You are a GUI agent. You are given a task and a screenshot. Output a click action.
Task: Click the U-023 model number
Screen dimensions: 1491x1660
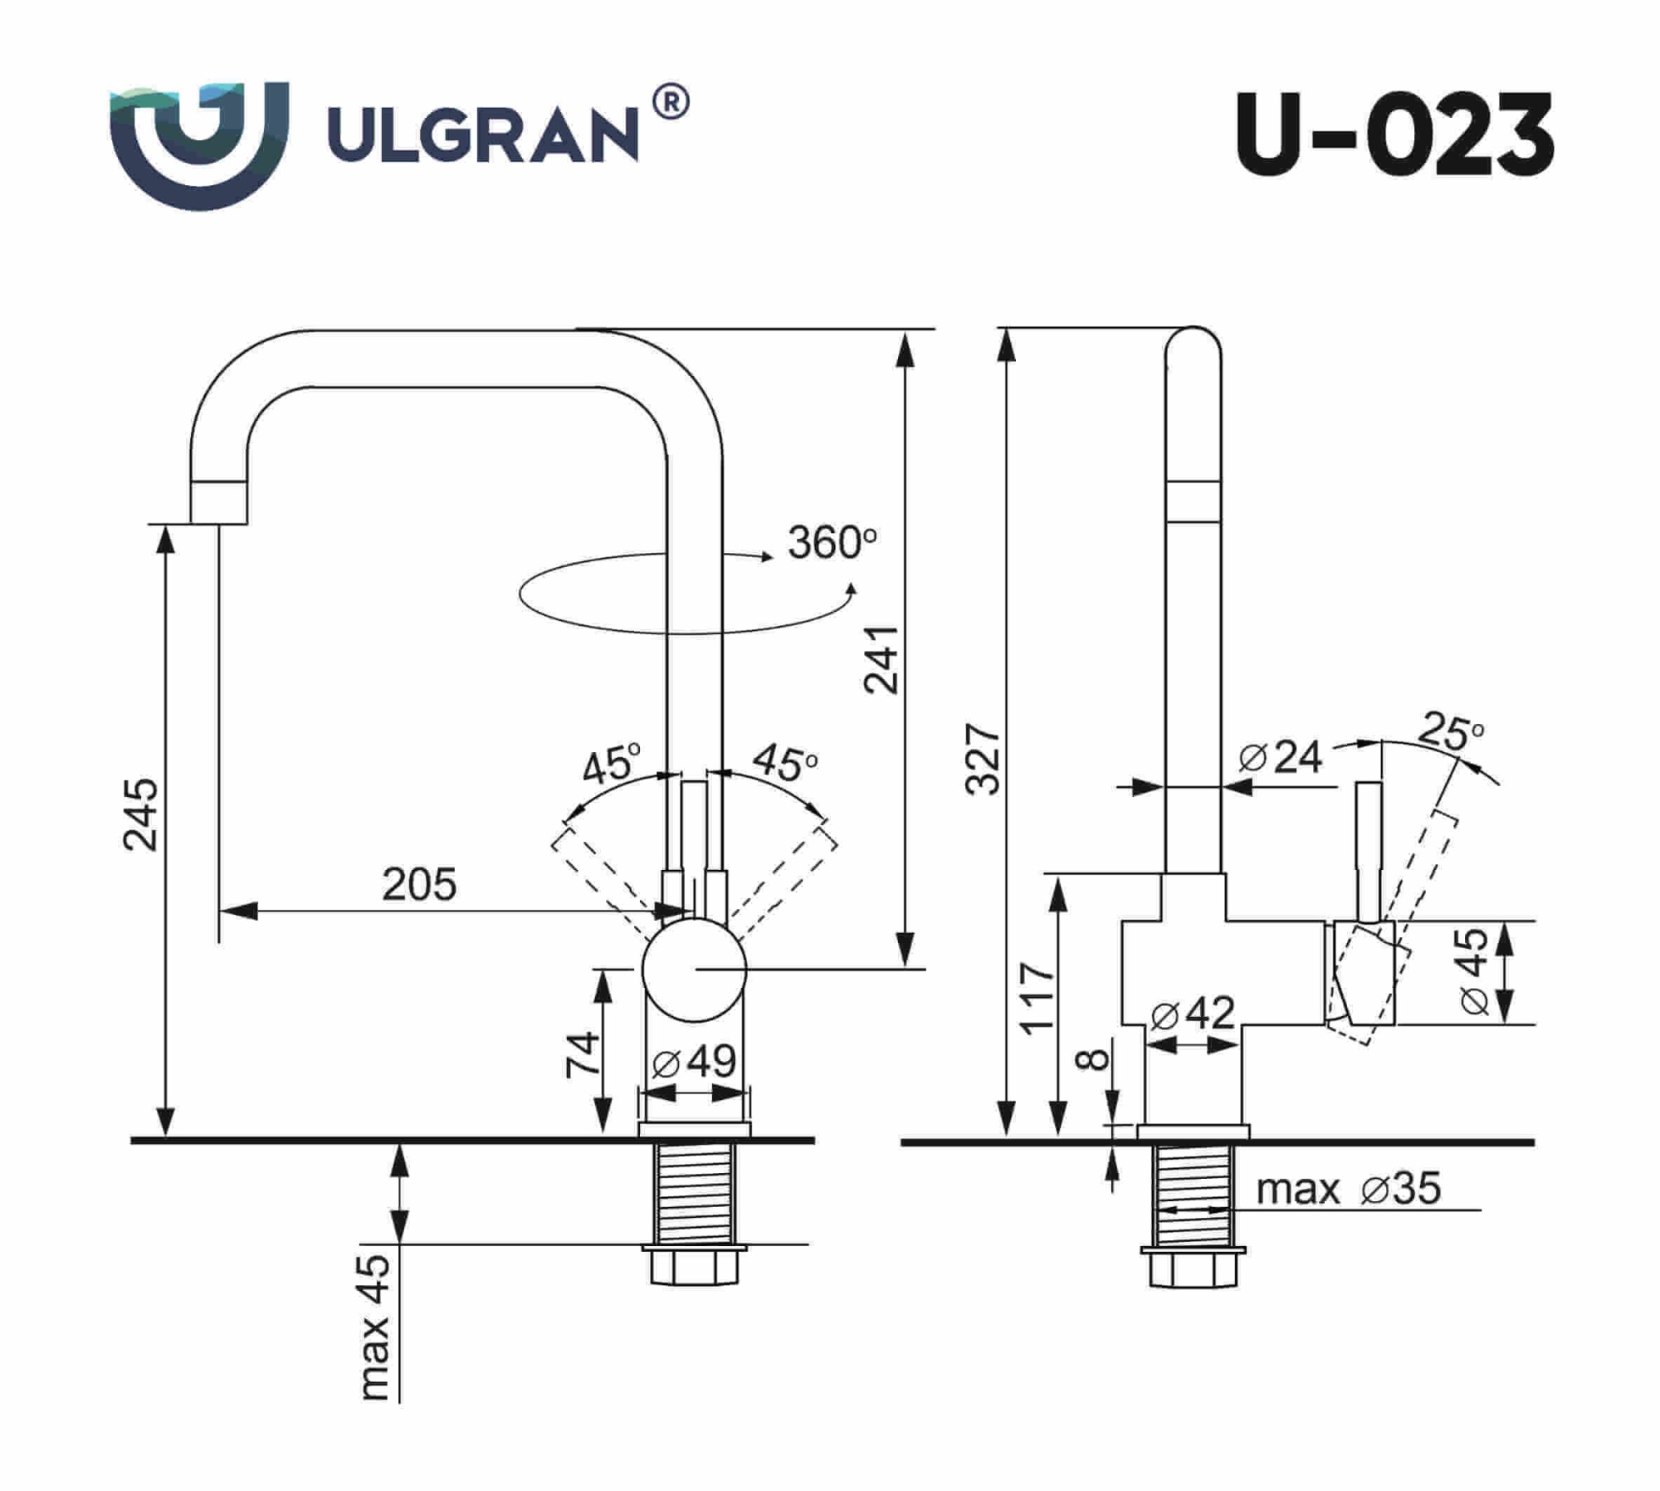click(x=1394, y=134)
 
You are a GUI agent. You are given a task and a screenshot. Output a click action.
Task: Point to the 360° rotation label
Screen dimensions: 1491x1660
click(x=831, y=543)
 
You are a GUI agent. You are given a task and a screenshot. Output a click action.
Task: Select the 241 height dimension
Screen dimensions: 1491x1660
click(x=881, y=659)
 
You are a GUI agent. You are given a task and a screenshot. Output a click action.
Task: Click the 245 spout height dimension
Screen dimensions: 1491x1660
click(x=140, y=814)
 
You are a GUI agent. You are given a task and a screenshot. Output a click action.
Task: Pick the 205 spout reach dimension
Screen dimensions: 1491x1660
click(x=419, y=884)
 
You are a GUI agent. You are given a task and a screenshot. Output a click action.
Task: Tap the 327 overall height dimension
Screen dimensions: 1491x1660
click(x=984, y=759)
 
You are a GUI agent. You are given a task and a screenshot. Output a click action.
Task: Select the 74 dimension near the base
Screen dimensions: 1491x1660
click(x=582, y=1054)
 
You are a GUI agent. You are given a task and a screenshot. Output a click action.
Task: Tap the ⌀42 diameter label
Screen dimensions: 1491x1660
click(x=1193, y=1013)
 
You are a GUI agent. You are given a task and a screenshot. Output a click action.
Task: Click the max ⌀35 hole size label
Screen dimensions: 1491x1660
click(x=1348, y=1189)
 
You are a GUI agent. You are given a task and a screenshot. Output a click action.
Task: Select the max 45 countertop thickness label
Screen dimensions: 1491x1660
click(x=375, y=1326)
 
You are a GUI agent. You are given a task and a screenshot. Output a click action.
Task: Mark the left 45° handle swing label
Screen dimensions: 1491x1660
click(x=610, y=765)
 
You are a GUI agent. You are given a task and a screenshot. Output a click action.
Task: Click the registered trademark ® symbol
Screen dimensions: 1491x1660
click(x=671, y=104)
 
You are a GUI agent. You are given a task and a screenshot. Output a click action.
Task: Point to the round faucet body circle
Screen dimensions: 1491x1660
click(x=695, y=970)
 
